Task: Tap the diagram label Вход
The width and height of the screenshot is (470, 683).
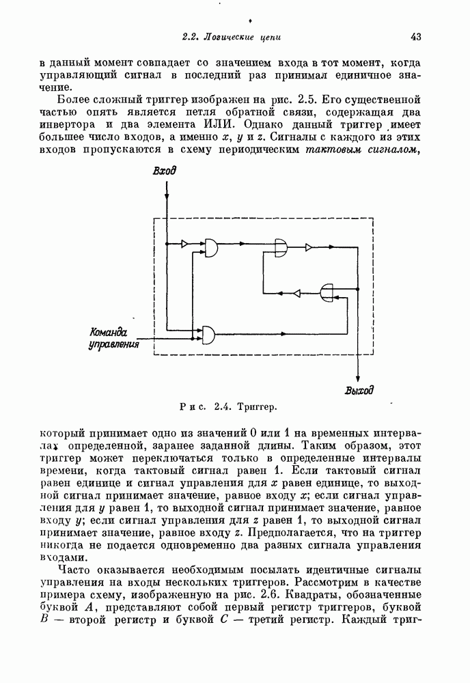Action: pos(164,171)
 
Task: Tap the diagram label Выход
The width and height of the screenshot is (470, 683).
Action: pos(359,391)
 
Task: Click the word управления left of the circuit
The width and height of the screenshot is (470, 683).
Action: pos(114,345)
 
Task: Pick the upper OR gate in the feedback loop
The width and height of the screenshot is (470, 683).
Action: pos(281,247)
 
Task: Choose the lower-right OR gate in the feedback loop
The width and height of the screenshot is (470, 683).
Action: pos(328,293)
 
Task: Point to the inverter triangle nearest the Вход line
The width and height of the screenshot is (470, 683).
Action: pos(185,243)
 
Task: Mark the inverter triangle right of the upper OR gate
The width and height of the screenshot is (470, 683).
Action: pos(309,247)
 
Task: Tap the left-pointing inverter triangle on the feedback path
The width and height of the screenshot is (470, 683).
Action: pos(296,293)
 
